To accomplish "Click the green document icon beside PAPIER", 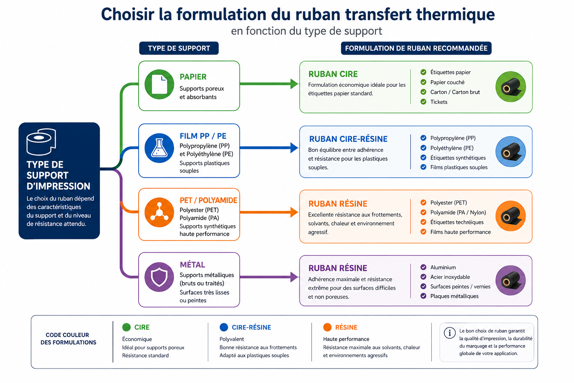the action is [x=160, y=84].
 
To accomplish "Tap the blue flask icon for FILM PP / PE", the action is [x=160, y=148].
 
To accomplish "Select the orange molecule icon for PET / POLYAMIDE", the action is [x=160, y=212].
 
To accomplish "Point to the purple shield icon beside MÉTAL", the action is [x=160, y=277].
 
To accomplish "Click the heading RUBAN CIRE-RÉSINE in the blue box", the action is [x=348, y=139].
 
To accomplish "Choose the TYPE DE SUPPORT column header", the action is [x=179, y=48].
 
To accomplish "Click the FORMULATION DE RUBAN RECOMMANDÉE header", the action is [x=416, y=48].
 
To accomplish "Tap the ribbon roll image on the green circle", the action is [x=511, y=87].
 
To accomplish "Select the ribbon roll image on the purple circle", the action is [x=511, y=281].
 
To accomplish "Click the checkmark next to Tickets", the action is [x=423, y=102].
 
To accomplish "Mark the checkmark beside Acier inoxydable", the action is [x=423, y=277].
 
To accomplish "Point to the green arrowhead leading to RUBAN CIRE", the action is [x=294, y=84].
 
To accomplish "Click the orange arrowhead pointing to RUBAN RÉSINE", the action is [x=294, y=212].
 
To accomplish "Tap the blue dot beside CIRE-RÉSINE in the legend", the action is [x=224, y=327].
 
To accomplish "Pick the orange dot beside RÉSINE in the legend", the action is [x=327, y=327].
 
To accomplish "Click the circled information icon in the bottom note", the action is [x=450, y=333].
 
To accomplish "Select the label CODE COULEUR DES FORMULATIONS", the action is [x=68, y=338].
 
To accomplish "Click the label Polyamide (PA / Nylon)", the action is [x=458, y=212].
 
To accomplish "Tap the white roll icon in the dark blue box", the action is [x=41, y=142].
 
